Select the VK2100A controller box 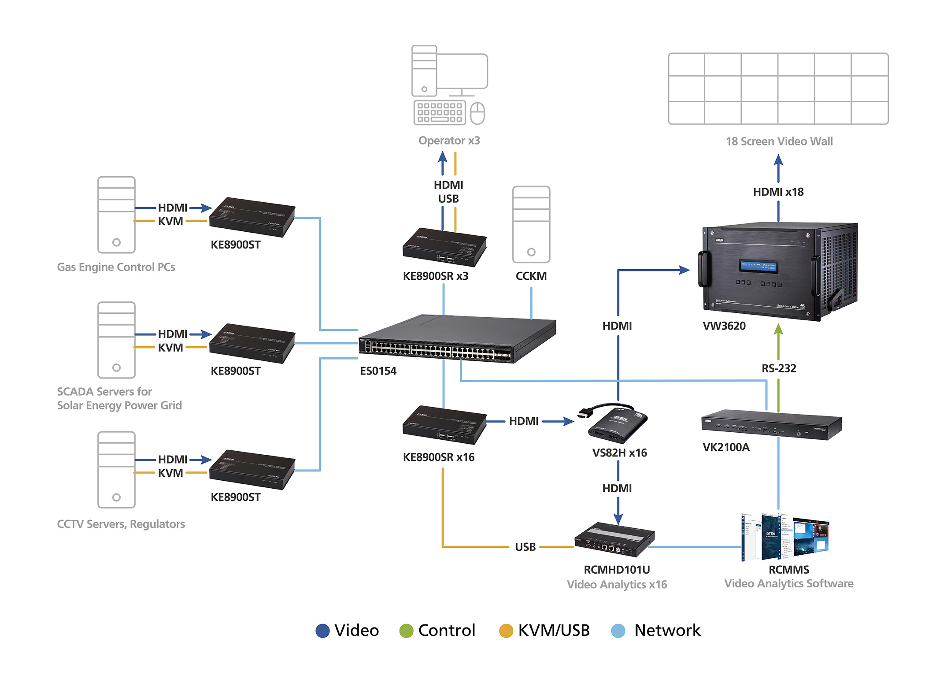[x=771, y=425]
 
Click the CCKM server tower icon [x=531, y=225]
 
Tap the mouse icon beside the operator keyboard [x=477, y=113]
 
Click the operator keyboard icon [x=440, y=113]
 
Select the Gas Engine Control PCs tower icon [x=116, y=215]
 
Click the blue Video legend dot [x=323, y=631]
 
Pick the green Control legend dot [x=406, y=631]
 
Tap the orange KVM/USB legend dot [x=506, y=631]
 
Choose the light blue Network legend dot [x=618, y=631]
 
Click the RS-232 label [x=779, y=368]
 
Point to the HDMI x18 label [x=778, y=192]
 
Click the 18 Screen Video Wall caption [x=779, y=141]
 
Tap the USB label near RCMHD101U [x=525, y=547]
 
